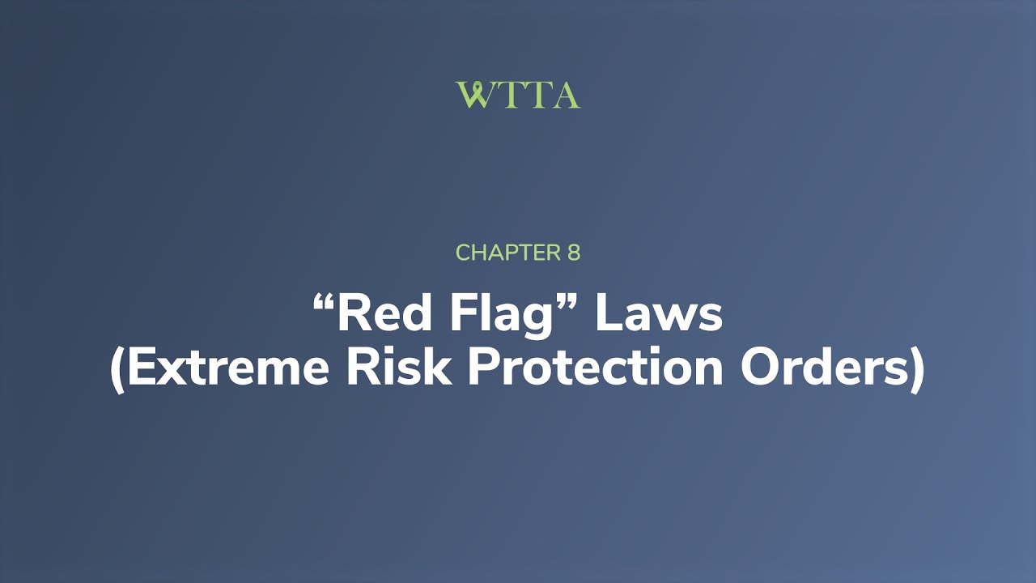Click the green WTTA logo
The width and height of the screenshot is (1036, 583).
click(518, 95)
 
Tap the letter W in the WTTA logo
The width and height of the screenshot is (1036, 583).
click(473, 95)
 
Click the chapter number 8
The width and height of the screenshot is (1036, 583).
click(572, 253)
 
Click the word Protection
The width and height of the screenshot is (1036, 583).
click(596, 369)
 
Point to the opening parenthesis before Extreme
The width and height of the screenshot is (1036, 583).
click(117, 371)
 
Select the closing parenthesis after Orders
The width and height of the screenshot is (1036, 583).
click(917, 371)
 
